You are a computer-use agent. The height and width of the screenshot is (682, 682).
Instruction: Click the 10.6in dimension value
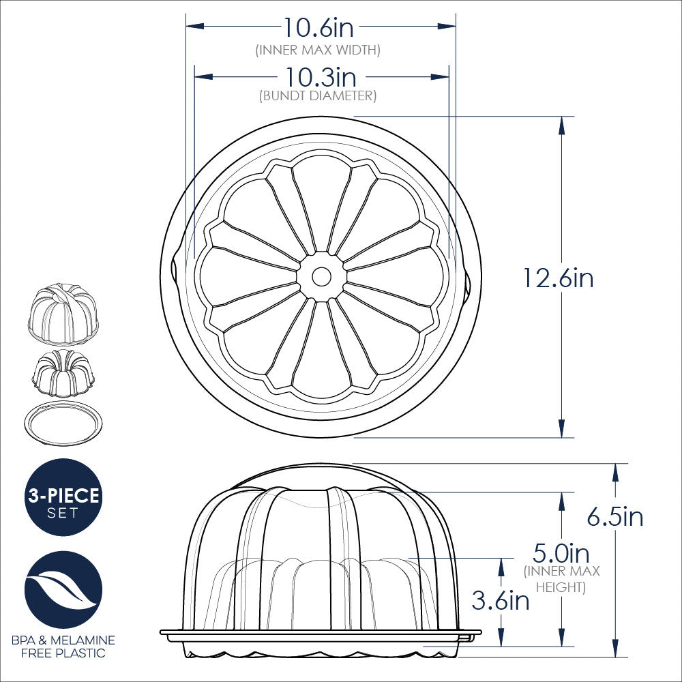pyautogui.click(x=318, y=28)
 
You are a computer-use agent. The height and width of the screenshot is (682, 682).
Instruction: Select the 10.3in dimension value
pyautogui.click(x=321, y=75)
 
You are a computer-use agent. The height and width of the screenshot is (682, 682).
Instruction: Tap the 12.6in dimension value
pyautogui.click(x=558, y=278)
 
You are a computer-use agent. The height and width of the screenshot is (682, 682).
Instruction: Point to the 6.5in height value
pyautogui.click(x=615, y=517)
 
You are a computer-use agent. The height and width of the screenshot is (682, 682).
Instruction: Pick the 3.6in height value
pyautogui.click(x=500, y=600)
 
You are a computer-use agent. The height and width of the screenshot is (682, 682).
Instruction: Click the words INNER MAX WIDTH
pyautogui.click(x=318, y=50)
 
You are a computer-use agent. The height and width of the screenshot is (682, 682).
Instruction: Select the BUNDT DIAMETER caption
pyautogui.click(x=318, y=96)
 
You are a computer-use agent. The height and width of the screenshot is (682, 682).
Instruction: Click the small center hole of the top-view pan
pyautogui.click(x=321, y=276)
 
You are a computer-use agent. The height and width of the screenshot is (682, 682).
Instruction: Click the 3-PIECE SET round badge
pyautogui.click(x=63, y=497)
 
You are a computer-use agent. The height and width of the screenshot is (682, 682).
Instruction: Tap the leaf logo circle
pyautogui.click(x=63, y=589)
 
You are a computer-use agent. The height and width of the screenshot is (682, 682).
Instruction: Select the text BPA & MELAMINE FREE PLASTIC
pyautogui.click(x=63, y=647)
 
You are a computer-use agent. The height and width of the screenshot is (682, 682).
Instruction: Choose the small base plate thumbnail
pyautogui.click(x=63, y=423)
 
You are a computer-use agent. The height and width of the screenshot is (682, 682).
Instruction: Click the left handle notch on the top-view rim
pyautogui.click(x=173, y=276)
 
